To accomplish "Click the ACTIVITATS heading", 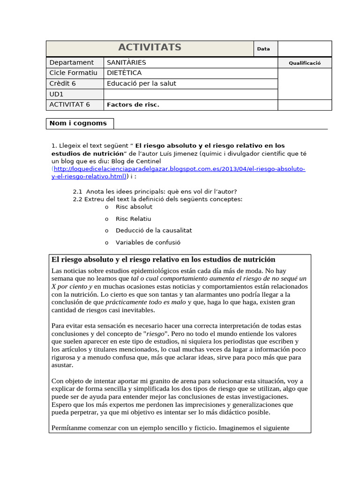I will (x=150, y=48).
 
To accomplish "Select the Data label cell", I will (x=263, y=49).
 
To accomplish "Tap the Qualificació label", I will (x=305, y=63).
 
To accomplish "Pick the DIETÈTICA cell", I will (x=124, y=73).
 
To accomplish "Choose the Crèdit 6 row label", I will (x=62, y=83).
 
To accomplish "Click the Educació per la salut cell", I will (x=142, y=83).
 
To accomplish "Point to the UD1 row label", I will (x=56, y=94).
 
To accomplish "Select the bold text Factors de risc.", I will (x=133, y=105).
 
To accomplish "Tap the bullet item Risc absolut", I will (x=134, y=207).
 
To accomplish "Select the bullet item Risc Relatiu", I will (x=134, y=219).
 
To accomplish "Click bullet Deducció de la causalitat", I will (x=154, y=231).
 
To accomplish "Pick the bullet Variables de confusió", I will (x=148, y=243).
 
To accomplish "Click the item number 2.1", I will (x=78, y=191).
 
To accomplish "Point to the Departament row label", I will (x=72, y=62).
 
